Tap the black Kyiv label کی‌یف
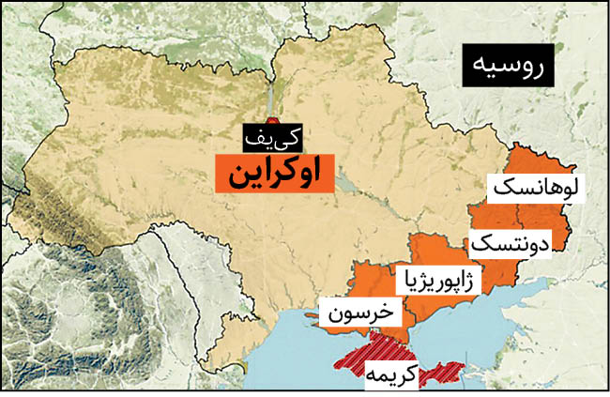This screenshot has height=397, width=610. (x=274, y=138)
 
